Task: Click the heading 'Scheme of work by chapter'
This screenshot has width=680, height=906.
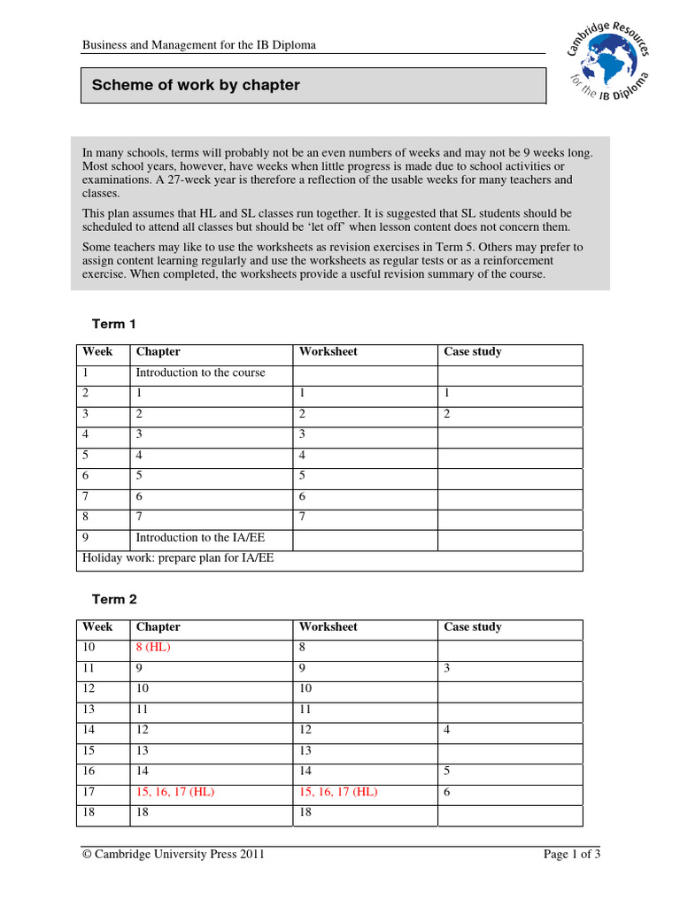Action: click(x=196, y=85)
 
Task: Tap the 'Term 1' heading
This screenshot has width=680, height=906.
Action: click(x=114, y=324)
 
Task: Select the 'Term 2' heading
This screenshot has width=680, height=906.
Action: click(x=114, y=599)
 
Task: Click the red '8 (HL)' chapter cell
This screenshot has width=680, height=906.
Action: click(x=153, y=647)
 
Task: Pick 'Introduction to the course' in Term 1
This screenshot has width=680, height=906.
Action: click(x=200, y=372)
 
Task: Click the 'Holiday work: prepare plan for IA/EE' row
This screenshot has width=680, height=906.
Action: click(x=178, y=559)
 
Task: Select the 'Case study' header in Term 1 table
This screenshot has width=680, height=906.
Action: click(x=473, y=351)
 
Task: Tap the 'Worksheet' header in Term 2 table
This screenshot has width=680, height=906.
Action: click(x=328, y=626)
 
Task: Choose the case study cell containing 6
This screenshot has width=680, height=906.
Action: click(x=448, y=792)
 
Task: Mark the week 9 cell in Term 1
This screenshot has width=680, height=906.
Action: click(x=86, y=538)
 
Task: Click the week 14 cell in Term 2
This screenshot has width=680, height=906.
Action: click(x=89, y=730)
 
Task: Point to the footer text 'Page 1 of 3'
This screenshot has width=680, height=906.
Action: click(x=571, y=854)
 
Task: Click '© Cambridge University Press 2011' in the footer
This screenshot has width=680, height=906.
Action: click(x=174, y=854)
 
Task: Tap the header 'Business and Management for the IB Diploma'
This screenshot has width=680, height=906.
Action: click(x=199, y=44)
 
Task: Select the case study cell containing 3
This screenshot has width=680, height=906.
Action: click(x=448, y=668)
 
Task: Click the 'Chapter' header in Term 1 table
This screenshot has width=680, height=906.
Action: click(x=158, y=351)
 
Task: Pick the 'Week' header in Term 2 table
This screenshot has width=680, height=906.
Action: click(x=97, y=626)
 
